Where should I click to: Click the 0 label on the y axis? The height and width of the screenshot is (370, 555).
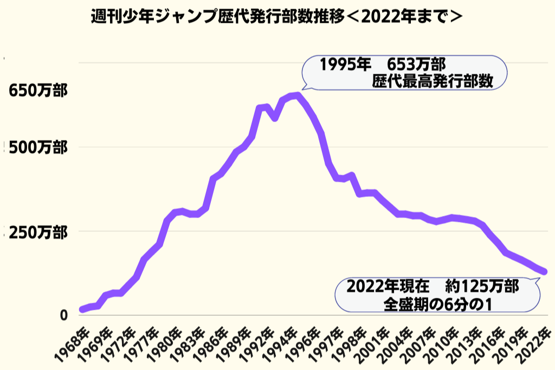(x=63, y=315)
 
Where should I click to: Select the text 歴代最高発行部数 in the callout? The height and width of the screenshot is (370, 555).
(x=433, y=81)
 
